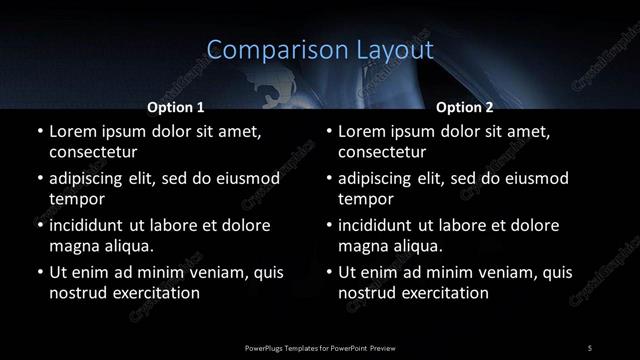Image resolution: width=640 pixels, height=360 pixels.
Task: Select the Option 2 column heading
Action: click(465, 105)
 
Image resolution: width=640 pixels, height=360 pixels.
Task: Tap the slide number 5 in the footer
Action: click(590, 347)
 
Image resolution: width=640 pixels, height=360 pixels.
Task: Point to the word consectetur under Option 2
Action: click(383, 153)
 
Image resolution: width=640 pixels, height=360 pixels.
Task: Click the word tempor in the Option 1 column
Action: click(76, 199)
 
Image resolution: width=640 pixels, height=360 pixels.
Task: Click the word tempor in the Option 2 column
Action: click(366, 199)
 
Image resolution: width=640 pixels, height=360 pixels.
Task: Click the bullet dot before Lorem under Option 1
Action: click(40, 132)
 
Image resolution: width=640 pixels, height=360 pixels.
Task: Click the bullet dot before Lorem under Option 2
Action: click(330, 132)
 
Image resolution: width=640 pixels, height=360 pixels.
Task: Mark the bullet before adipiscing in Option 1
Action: click(40, 179)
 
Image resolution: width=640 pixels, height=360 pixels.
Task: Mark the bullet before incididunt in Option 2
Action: click(330, 226)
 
